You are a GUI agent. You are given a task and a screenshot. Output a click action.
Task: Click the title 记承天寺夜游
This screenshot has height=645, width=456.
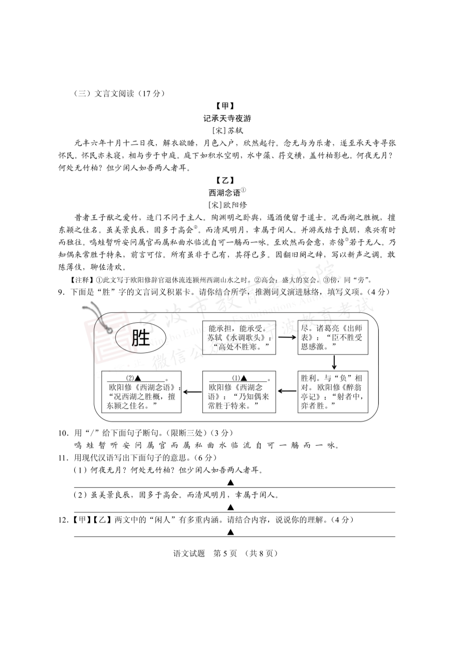click(227, 119)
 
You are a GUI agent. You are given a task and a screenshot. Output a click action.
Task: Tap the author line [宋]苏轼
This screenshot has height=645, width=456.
click(227, 131)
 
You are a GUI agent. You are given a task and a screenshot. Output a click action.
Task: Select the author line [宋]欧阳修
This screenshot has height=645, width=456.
click(227, 204)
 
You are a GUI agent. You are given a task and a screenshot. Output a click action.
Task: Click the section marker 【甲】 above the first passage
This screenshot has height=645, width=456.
click(227, 106)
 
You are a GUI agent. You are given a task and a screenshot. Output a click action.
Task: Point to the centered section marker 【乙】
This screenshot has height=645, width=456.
click(227, 180)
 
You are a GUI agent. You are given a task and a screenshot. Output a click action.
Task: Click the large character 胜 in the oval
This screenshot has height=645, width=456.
click(140, 338)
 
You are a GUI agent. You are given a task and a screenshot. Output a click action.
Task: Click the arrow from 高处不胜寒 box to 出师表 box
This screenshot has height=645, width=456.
click(286, 337)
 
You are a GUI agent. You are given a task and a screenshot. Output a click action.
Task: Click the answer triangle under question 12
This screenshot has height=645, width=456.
click(231, 532)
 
